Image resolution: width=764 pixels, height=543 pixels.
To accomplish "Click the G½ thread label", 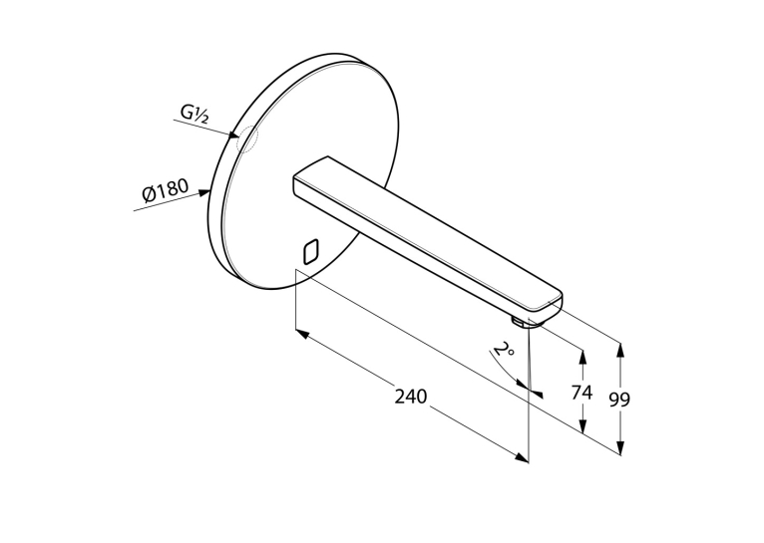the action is (x=194, y=114).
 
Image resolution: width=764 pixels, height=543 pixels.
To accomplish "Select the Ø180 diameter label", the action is (x=166, y=190).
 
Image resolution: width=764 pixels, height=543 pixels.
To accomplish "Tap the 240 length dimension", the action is (x=410, y=397).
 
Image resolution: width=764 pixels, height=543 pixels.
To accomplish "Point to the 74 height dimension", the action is (x=581, y=392).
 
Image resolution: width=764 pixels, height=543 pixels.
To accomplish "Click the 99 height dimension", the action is (x=619, y=400).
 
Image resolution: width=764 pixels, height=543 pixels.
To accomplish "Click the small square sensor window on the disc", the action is (x=310, y=252).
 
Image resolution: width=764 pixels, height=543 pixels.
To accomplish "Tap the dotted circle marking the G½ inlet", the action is (x=246, y=138).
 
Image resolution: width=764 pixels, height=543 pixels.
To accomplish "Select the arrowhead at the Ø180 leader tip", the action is (x=204, y=193).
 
